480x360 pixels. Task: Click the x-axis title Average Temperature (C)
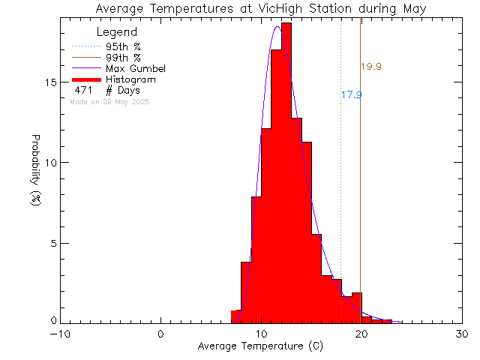[261, 346]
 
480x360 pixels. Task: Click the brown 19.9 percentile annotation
[371, 67]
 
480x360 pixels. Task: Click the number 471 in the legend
[83, 91]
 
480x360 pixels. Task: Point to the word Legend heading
[118, 32]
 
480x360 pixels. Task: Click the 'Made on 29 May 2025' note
[109, 101]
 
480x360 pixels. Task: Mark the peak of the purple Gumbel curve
[277, 27]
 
